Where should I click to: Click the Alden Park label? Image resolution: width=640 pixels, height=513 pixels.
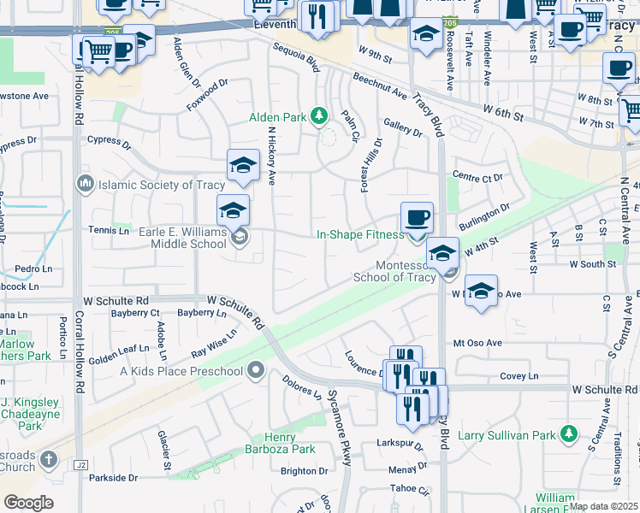point(278,117)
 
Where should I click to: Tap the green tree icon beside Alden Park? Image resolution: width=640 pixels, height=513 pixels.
point(319,115)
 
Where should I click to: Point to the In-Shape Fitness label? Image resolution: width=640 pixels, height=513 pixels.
point(360,234)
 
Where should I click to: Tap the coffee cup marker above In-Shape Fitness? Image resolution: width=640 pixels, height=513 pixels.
point(417,217)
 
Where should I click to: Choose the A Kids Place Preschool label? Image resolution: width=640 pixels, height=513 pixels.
point(181,371)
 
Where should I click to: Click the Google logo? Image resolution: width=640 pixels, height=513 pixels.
point(28,503)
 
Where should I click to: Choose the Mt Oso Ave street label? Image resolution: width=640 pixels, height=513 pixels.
point(477,342)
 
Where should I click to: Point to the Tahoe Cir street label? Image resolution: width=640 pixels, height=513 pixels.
point(407,491)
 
